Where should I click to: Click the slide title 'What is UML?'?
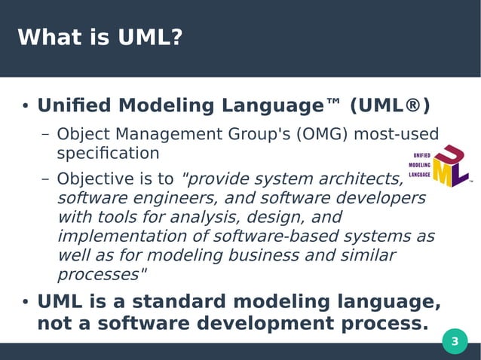coord(100,37)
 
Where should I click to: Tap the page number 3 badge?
coord(454,342)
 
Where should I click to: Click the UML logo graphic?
coord(440,166)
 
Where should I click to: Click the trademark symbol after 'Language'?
coord(332,103)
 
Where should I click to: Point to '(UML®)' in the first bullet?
coord(390,105)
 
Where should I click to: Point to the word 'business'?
coord(279,255)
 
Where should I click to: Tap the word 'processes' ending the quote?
coord(98,274)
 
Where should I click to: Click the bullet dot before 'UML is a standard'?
coord(25,303)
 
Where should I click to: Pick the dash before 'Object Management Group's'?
coord(45,136)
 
